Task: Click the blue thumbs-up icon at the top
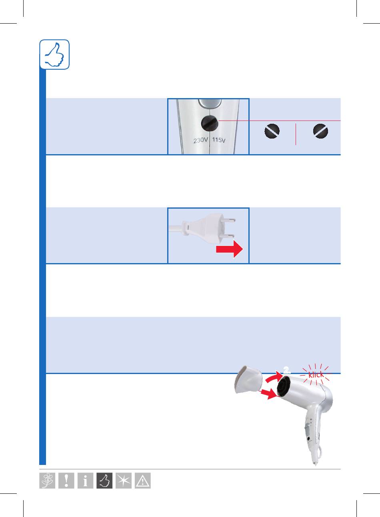tap(54, 54)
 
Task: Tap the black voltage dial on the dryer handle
tap(210, 123)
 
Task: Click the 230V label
tap(201, 140)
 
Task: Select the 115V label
tap(219, 140)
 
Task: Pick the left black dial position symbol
tap(272, 131)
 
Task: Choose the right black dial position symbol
tap(320, 131)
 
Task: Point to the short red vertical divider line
tap(296, 134)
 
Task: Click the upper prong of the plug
tap(229, 220)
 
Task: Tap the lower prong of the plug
tap(228, 235)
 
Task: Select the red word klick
tap(316, 375)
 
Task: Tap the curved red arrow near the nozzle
tap(274, 377)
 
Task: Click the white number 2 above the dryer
tap(287, 370)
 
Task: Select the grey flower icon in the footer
tap(47, 481)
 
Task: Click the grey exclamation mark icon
tap(66, 481)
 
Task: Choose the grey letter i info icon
tap(85, 481)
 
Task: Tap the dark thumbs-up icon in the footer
tap(104, 481)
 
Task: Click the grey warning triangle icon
tap(143, 481)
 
